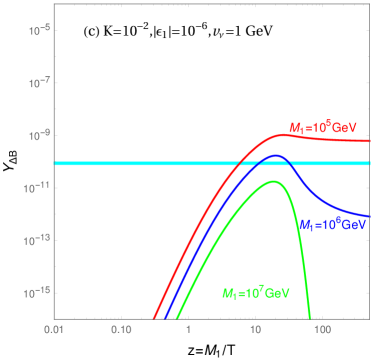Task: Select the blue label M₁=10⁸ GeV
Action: (x=332, y=225)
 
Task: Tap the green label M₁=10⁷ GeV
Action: (x=255, y=293)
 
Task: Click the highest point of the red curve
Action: (x=289, y=133)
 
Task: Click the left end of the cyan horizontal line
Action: (x=56, y=163)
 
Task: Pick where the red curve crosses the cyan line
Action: (x=236, y=163)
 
